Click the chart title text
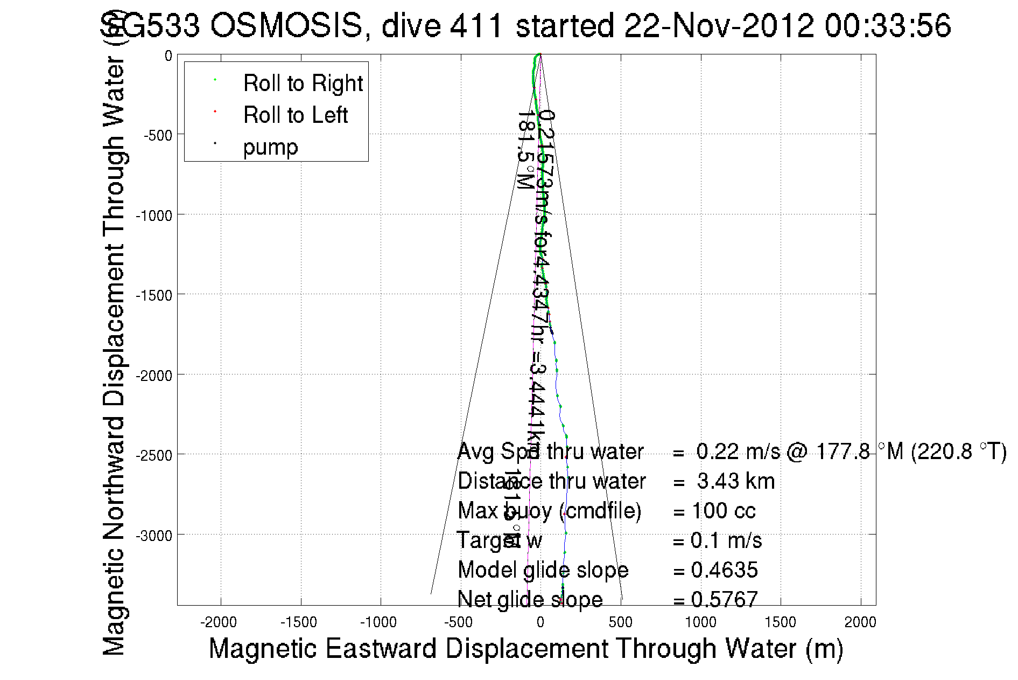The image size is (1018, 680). click(525, 25)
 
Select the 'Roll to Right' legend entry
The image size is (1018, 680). click(303, 84)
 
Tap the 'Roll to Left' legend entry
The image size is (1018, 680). click(295, 115)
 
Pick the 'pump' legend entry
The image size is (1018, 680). click(270, 147)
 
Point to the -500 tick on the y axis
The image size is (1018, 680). click(158, 135)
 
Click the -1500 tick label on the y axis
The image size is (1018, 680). click(154, 295)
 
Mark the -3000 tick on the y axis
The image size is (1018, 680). click(154, 536)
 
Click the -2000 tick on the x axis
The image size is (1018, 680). click(219, 622)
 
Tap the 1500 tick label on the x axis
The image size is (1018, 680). click(780, 622)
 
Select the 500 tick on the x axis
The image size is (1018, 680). click(620, 622)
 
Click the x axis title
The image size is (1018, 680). click(525, 648)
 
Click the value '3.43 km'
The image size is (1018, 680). click(735, 481)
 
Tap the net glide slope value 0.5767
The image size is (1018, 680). click(724, 599)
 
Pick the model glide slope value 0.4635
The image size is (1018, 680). click(724, 570)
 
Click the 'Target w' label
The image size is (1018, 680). click(499, 540)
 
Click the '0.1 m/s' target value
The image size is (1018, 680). click(726, 540)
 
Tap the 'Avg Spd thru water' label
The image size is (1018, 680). click(550, 452)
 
